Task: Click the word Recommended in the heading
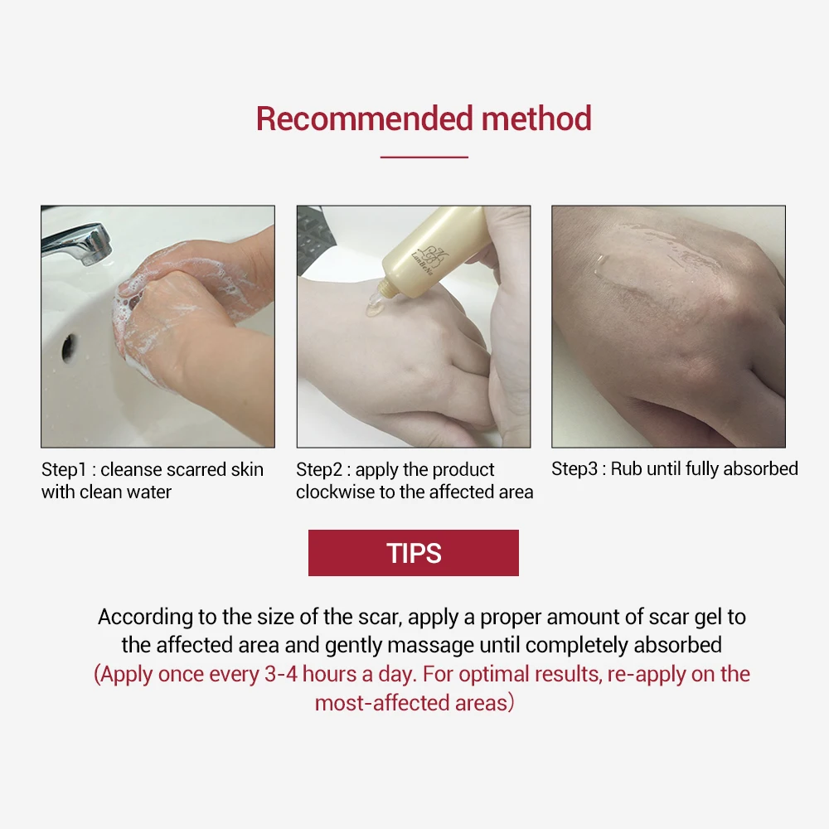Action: click(x=364, y=119)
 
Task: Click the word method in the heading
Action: click(x=536, y=119)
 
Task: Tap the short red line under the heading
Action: click(x=424, y=157)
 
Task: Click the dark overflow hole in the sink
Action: click(x=69, y=348)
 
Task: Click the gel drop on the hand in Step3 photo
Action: click(x=599, y=265)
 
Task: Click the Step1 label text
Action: click(x=64, y=469)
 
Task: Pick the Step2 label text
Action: click(x=319, y=469)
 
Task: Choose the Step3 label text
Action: click(x=574, y=468)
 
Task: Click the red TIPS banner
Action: click(x=414, y=552)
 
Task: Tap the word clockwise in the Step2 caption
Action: click(x=336, y=492)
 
